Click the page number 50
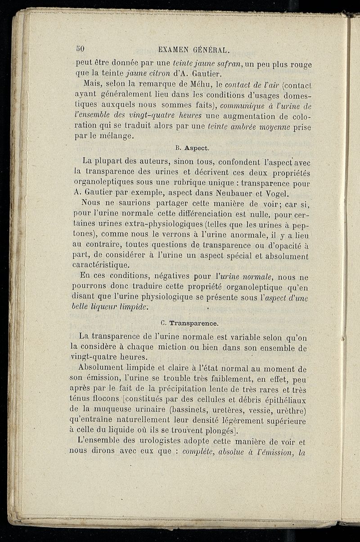click(x=81, y=48)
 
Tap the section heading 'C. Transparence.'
click(x=189, y=323)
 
